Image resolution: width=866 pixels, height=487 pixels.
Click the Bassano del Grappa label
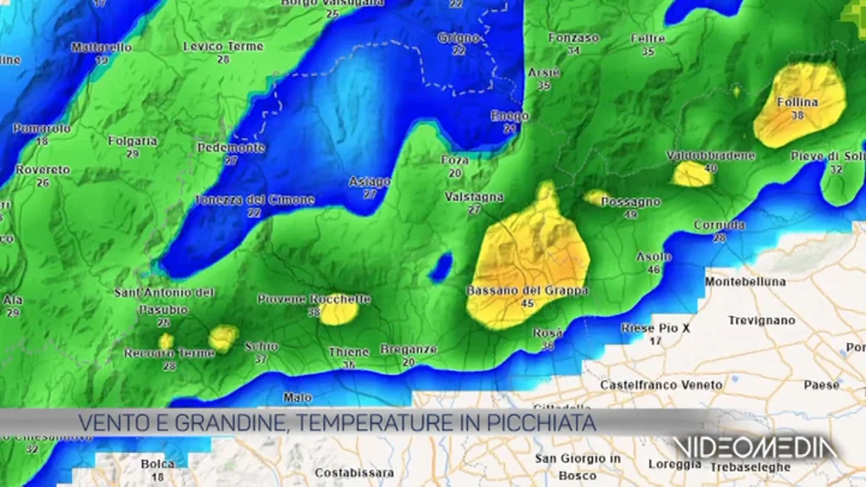[x=528, y=290]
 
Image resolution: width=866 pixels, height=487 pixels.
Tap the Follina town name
[x=797, y=102]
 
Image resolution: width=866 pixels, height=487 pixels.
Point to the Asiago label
[x=370, y=182]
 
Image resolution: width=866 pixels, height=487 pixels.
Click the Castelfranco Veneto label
[x=661, y=385]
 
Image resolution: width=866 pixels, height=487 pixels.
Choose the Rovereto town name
[x=42, y=170]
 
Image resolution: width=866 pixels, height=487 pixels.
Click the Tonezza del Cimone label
[x=254, y=200]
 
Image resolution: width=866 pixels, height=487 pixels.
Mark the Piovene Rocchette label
[x=314, y=298]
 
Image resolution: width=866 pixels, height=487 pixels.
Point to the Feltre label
[x=648, y=39]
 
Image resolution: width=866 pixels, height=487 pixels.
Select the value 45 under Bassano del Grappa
[x=528, y=304]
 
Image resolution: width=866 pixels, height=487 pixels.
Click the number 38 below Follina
[x=797, y=116]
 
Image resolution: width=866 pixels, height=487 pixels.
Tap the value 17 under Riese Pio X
[x=655, y=341]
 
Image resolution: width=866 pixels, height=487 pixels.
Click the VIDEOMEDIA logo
[x=755, y=449]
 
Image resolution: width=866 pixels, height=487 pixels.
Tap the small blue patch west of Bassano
[x=440, y=268]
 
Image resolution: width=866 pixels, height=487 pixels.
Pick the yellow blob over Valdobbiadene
[x=692, y=174]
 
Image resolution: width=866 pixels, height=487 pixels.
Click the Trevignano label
[x=762, y=320]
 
